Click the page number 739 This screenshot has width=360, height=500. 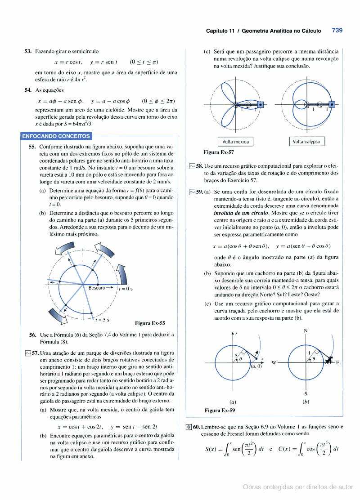click(337, 31)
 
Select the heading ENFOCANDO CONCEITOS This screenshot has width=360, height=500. click(56, 136)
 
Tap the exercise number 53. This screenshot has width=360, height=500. click(28, 52)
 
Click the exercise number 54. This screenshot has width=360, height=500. click(28, 90)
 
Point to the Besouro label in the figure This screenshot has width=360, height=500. click(96, 288)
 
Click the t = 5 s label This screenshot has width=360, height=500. click(103, 320)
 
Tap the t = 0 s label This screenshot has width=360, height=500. click(126, 289)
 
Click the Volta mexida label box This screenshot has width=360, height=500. click(235, 142)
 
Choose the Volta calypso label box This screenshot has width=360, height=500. click(306, 142)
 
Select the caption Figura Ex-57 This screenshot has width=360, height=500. click(219, 152)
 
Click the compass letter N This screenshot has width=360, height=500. click(306, 331)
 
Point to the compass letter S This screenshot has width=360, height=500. click(306, 392)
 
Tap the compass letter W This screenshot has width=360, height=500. click(274, 362)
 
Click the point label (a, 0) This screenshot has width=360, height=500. click(256, 366)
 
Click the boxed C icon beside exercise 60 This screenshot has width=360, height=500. click(189, 427)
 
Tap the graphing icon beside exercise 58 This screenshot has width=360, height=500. click(192, 166)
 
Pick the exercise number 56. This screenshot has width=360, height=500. click(32, 335)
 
